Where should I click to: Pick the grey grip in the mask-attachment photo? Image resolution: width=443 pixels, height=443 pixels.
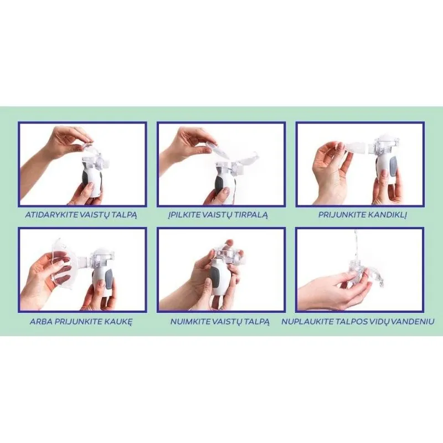click(109, 279)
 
